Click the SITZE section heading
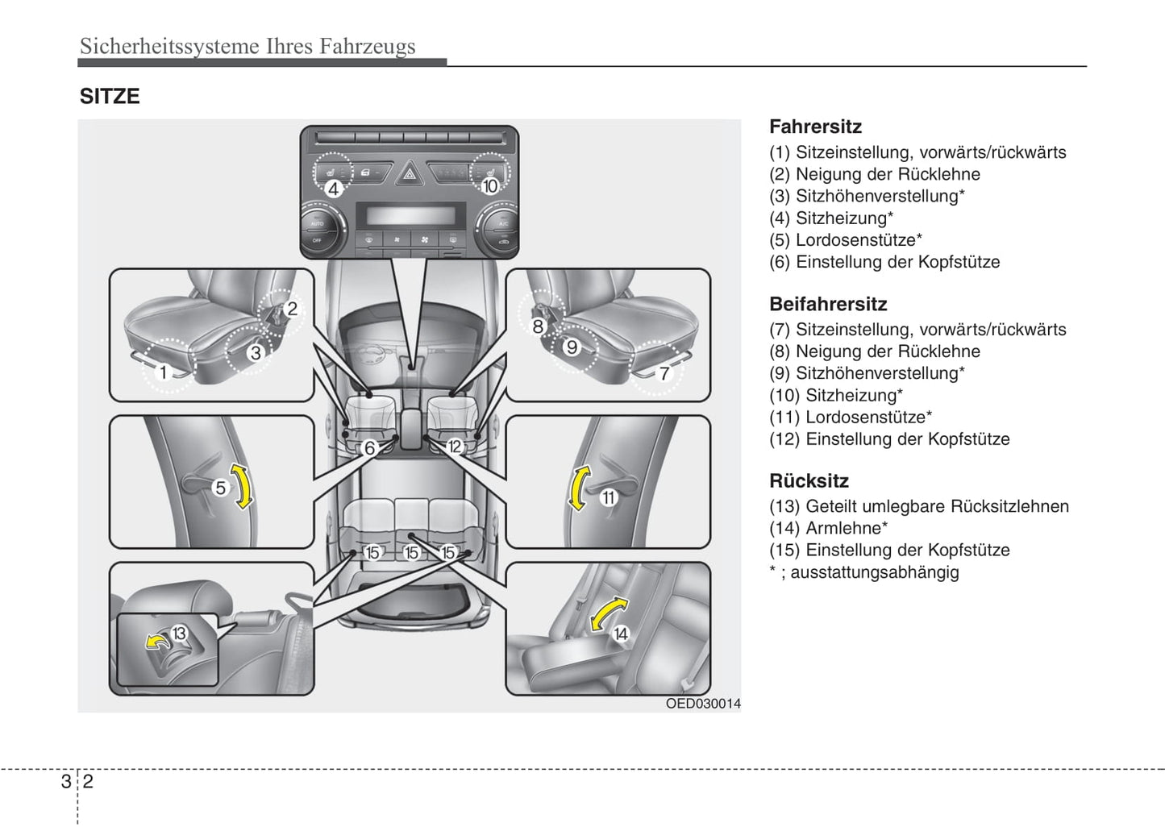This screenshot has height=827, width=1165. (x=110, y=97)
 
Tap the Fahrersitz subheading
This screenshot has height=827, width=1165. (x=815, y=127)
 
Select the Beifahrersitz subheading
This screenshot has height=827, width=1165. (x=828, y=304)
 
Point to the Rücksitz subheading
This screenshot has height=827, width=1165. (x=809, y=481)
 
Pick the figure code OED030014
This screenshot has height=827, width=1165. (x=702, y=704)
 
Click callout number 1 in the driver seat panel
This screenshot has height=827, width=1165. (x=163, y=372)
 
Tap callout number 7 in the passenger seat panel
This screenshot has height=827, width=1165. (x=664, y=373)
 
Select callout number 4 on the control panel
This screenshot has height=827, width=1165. (x=333, y=189)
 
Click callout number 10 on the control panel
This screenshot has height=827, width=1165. (x=490, y=186)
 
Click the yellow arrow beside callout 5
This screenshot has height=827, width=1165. (x=242, y=485)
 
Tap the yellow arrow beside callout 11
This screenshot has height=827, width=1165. (x=578, y=488)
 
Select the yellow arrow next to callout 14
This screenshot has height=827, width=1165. (x=608, y=613)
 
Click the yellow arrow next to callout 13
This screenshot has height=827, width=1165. (x=156, y=641)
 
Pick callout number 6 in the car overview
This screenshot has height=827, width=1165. (x=370, y=448)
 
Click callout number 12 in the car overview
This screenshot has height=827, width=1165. (x=455, y=447)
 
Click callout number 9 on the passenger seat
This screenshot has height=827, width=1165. (x=572, y=347)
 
